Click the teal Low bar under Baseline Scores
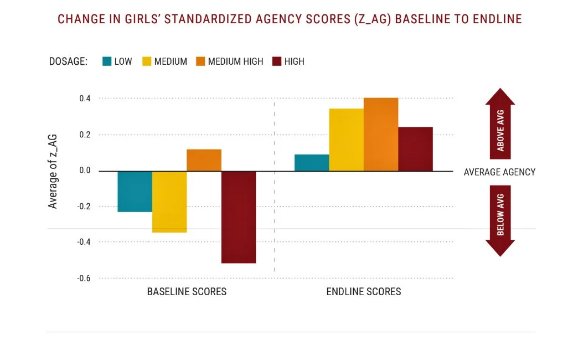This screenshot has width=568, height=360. pos(135,191)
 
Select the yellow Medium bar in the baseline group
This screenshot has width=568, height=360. pos(169,202)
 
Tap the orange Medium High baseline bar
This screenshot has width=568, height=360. pos(204,160)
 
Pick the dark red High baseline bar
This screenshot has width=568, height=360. pos(239,217)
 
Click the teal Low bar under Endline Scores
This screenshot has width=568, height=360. pos(312,163)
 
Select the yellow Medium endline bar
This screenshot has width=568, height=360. pos(346,140)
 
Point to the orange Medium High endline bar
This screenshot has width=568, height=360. pos(381,135)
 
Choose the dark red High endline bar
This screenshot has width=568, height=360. pos(415,149)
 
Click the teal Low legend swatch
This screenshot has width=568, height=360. pos(107,61)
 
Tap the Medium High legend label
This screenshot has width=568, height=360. pos(235,61)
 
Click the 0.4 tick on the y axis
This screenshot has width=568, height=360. pos(85,99)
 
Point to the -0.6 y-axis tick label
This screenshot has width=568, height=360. pos(84,278)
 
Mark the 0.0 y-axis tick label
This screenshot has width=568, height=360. pos(85,171)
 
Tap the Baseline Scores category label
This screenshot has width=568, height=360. pos(187,291)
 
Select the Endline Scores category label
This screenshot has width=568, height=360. pos(364,291)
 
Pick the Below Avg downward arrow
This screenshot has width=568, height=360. pos(500,220)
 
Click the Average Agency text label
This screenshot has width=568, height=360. pos(499,172)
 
